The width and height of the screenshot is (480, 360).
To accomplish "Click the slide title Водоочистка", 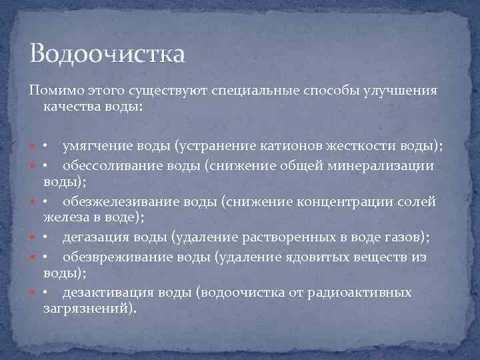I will point(107,53).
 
